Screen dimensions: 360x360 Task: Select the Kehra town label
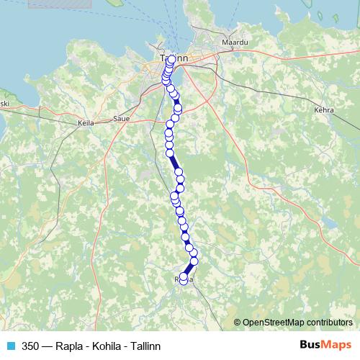[x=325, y=111]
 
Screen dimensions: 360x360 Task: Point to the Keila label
[x=86, y=123]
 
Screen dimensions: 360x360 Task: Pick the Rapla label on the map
[x=184, y=279]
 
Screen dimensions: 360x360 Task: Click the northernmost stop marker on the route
[x=171, y=60]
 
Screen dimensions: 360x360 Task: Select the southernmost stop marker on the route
[x=183, y=277]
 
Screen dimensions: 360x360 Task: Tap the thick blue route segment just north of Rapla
[x=189, y=268]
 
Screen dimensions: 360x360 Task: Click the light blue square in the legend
[x=11, y=346]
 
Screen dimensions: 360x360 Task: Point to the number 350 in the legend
[x=30, y=346]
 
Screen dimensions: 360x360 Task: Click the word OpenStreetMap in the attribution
[x=274, y=323]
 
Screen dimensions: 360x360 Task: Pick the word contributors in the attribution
[x=330, y=323]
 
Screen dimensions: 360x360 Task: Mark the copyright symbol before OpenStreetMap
[x=238, y=323]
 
